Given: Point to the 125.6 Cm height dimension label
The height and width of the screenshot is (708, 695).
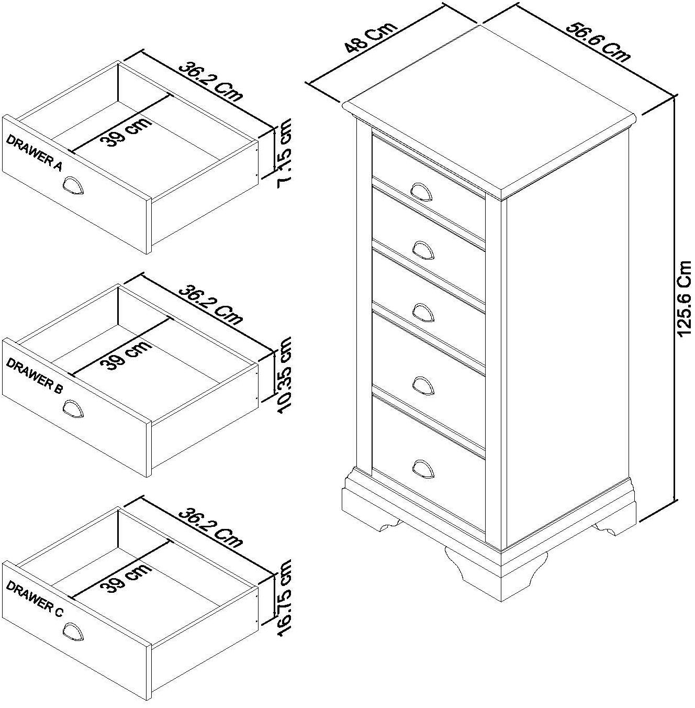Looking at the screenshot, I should coord(683,299).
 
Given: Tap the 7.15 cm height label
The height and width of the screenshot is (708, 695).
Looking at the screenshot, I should coord(285,153).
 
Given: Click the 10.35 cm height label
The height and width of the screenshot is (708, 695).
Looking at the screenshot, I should coord(285,375).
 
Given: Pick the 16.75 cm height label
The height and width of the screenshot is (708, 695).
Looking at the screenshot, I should coord(285,598).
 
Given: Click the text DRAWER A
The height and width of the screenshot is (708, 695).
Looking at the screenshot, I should coord(34,152).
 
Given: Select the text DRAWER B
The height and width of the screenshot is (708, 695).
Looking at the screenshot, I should coord(35,375).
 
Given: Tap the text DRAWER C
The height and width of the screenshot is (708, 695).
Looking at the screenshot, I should coord(34,599).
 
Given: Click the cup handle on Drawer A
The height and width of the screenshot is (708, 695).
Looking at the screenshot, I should coord(73,186).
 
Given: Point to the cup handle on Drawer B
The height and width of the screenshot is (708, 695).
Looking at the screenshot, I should coord(73,409).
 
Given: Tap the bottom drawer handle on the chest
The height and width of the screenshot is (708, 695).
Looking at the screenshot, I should coord(423,467).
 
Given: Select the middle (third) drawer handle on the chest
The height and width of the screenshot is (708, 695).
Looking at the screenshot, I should coord(423,312).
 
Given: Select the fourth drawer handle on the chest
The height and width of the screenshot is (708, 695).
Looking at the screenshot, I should coord(423,385).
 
